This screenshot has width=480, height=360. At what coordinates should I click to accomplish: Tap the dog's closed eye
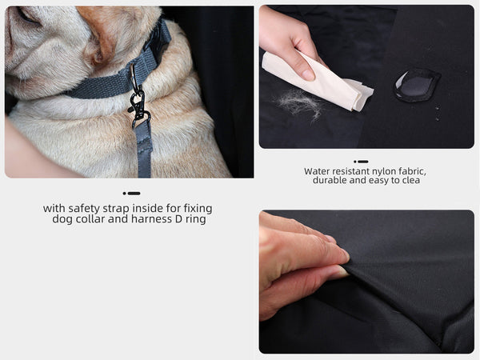tap(27, 14)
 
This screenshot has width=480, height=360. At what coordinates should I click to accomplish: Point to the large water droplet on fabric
tap(417, 85)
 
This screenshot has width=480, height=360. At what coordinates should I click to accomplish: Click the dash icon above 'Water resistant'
tap(361, 162)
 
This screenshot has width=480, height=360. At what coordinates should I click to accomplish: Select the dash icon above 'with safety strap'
tap(131, 193)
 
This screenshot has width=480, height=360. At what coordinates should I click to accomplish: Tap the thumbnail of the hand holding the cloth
tap(366, 77)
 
